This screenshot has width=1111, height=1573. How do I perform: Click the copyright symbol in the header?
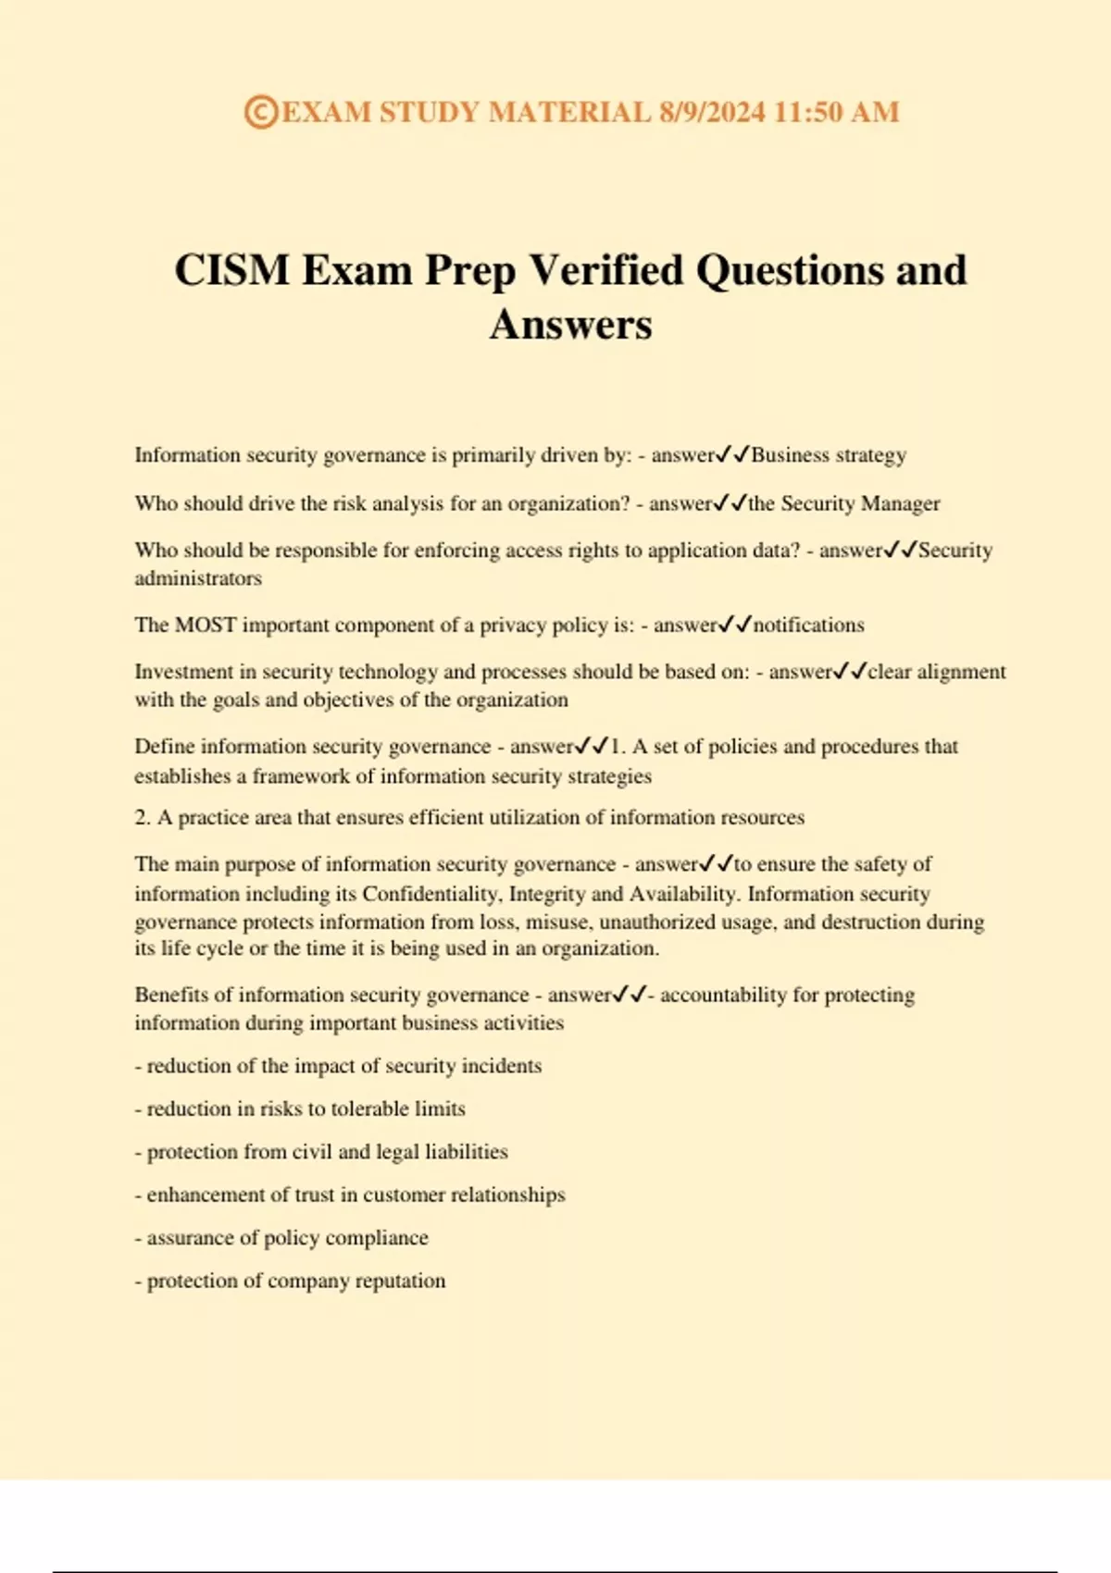[x=260, y=112]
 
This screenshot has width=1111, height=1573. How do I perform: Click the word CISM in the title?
[x=231, y=270]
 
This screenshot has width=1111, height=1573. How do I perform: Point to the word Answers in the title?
[x=570, y=324]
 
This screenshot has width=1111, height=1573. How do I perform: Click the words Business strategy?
[x=829, y=455]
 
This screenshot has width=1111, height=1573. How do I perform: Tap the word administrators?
[x=198, y=578]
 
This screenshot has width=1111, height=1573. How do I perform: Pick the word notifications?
[x=808, y=625]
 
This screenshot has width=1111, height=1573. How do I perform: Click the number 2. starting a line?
[x=143, y=818]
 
